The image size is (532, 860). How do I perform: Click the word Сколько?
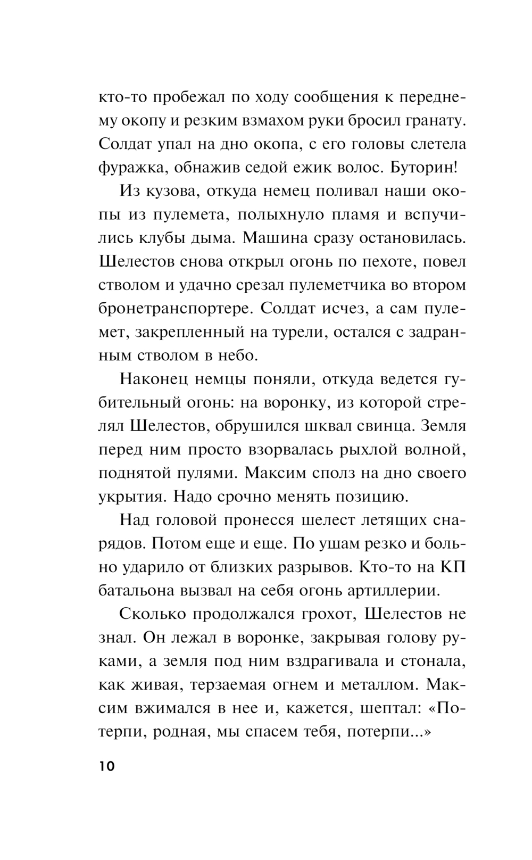coord(154,614)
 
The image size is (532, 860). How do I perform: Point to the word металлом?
coord(380,685)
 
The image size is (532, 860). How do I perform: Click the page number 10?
coord(106,767)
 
